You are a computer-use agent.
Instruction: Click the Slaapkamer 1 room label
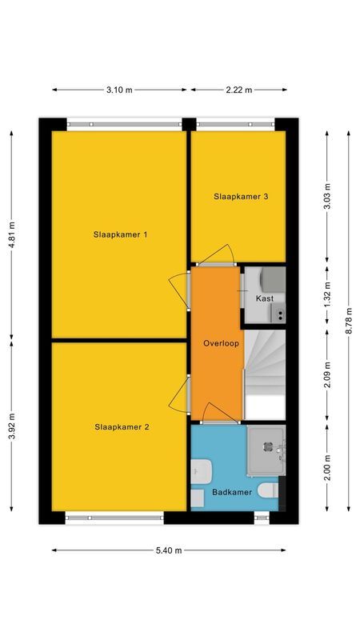point(120,234)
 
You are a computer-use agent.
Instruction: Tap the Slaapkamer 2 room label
point(120,426)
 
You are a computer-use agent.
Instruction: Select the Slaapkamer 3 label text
point(240,196)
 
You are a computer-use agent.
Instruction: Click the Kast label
point(264,298)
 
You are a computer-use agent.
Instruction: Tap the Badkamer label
point(229,493)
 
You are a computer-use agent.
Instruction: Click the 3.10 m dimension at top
point(119,90)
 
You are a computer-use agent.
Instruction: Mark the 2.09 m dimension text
point(326,374)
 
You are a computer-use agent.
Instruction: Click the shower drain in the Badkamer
point(266,447)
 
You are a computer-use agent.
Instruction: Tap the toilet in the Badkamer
point(269,488)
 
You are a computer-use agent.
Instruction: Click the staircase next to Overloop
point(264,372)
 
